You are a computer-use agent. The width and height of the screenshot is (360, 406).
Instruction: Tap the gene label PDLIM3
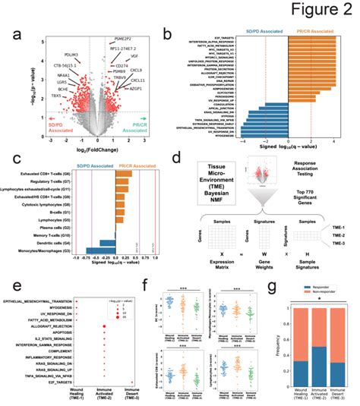pos(73,53)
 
